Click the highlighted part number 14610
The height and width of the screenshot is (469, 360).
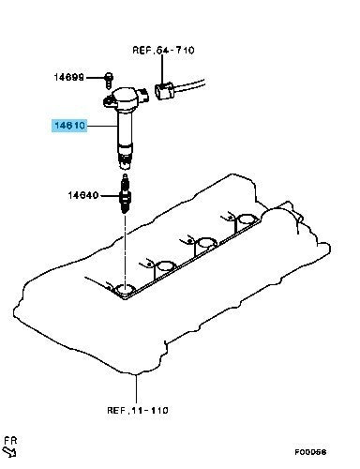tap(69, 126)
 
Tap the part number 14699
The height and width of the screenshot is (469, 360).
tap(69, 77)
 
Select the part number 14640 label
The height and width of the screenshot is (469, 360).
tap(83, 195)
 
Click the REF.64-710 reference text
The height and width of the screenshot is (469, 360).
tap(163, 50)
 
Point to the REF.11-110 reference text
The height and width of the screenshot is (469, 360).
tap(138, 410)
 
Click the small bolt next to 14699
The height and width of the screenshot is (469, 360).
tap(109, 80)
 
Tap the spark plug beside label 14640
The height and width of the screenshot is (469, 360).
tap(125, 194)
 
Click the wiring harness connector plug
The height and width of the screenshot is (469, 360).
tap(164, 91)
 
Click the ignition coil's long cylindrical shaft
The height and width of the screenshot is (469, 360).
tap(125, 129)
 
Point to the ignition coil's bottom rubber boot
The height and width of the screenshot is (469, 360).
tap(125, 158)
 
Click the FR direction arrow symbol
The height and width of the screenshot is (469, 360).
tap(9, 452)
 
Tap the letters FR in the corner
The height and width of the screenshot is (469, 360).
tap(10, 441)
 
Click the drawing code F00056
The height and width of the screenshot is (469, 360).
tap(310, 452)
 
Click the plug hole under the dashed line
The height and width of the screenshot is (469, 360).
tap(125, 290)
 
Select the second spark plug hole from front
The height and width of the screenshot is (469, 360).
tap(165, 266)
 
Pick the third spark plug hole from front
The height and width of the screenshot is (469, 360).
tap(207, 243)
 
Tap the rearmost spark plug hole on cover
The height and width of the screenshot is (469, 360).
tap(247, 219)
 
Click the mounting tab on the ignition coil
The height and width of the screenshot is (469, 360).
tap(109, 100)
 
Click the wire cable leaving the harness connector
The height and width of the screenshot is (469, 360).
tap(189, 85)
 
